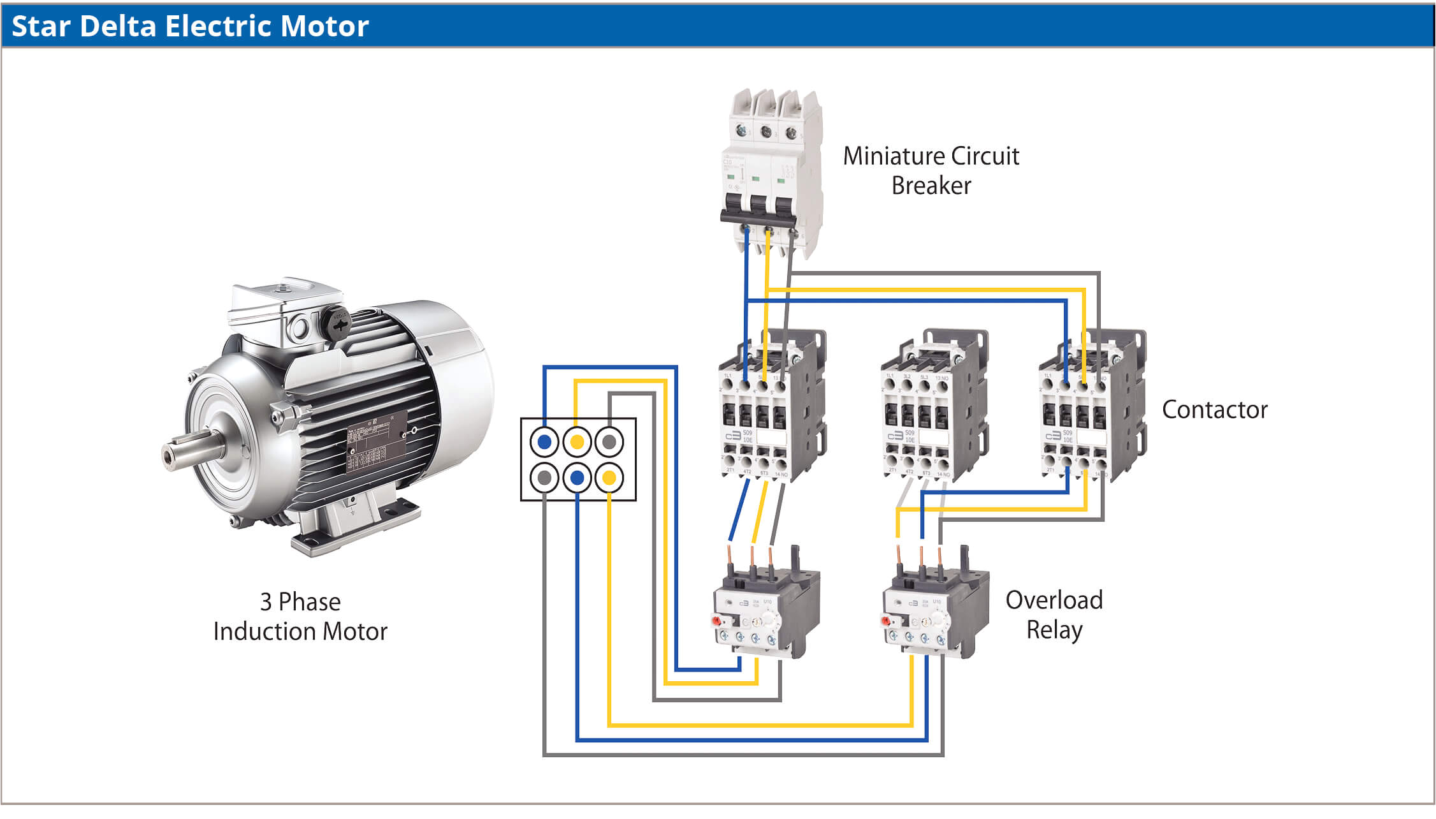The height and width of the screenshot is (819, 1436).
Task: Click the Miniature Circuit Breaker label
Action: click(x=931, y=170)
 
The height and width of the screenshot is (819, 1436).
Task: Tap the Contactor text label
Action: click(x=1214, y=409)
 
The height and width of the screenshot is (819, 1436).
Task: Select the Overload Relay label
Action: click(x=1054, y=614)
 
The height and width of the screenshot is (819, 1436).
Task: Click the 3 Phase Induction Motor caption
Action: click(x=300, y=616)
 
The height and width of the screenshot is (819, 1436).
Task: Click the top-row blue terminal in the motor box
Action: click(x=544, y=441)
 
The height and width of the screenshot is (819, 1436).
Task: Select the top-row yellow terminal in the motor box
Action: click(x=577, y=441)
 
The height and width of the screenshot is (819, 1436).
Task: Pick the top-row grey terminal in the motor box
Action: click(x=609, y=441)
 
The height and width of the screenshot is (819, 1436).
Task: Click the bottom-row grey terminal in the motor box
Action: click(x=544, y=477)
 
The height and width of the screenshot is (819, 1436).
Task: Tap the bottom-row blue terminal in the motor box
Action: click(x=577, y=477)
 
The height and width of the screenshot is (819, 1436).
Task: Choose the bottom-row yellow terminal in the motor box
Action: click(x=609, y=477)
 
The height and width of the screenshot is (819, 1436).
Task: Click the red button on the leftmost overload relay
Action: click(x=716, y=620)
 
